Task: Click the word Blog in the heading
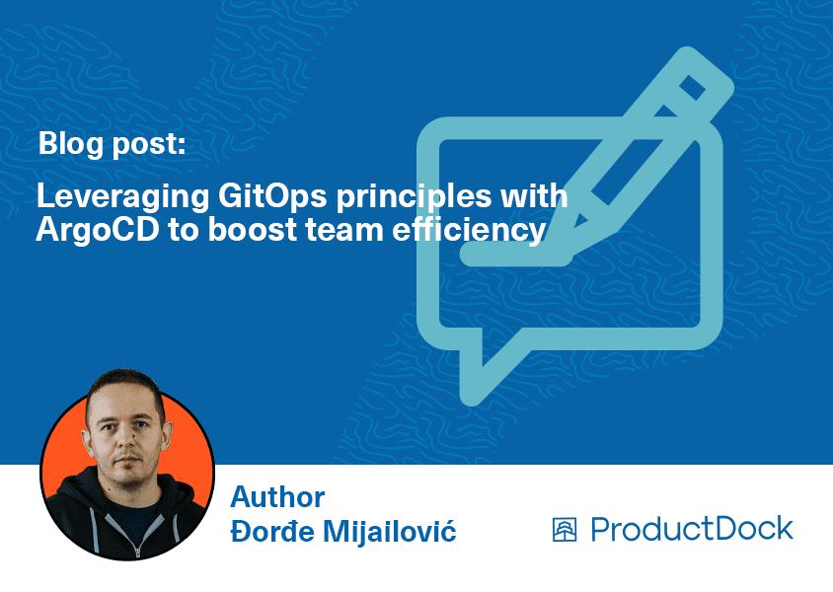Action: click(71, 143)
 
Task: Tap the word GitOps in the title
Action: click(272, 195)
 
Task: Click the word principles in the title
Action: click(414, 196)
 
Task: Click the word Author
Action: click(277, 497)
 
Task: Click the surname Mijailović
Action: click(390, 531)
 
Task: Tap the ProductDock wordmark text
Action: click(692, 529)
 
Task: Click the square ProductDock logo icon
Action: click(565, 530)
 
